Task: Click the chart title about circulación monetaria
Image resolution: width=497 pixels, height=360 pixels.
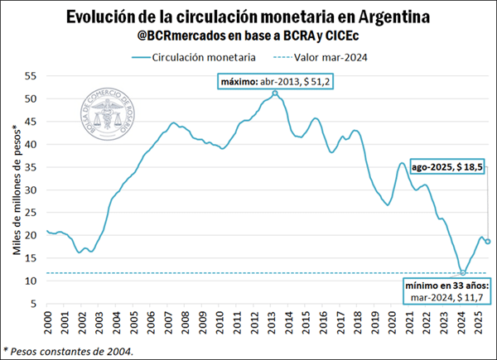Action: pos(248,17)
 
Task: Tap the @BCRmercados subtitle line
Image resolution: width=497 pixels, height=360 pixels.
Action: pos(248,36)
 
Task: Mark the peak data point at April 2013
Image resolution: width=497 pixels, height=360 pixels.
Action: pos(275,94)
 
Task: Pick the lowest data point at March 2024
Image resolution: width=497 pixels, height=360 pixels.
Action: pos(463,272)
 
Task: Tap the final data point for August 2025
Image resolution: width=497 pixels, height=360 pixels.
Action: pos(487,242)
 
